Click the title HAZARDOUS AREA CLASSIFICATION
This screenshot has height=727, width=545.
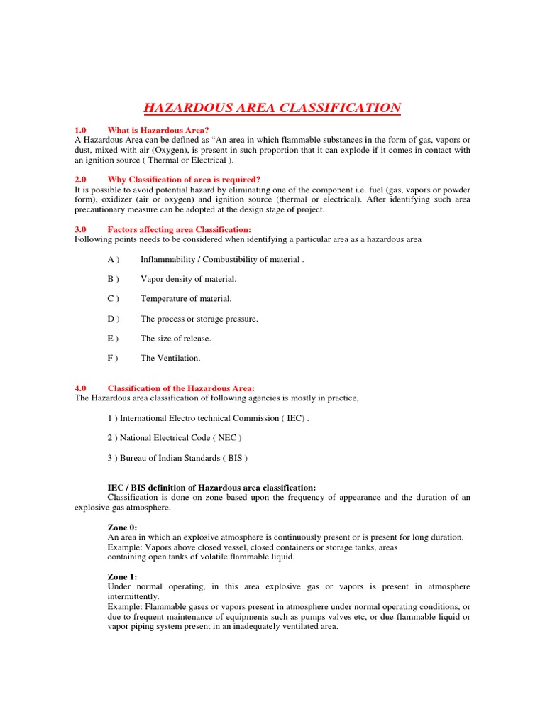(x=272, y=108)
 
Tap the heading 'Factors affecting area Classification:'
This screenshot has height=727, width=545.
(x=179, y=230)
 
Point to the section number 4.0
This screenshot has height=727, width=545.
(x=80, y=388)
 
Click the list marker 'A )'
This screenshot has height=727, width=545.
(x=114, y=260)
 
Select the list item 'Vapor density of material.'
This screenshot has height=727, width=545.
(x=188, y=280)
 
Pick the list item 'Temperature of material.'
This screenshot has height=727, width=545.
(x=186, y=299)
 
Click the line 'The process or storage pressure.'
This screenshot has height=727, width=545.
(x=199, y=319)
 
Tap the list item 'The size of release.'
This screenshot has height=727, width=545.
(x=175, y=339)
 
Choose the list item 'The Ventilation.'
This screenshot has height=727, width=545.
(x=170, y=359)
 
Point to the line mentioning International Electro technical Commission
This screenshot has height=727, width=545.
(x=209, y=418)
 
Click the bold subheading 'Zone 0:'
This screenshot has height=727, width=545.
(x=123, y=528)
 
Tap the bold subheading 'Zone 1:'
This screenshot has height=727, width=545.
(x=123, y=577)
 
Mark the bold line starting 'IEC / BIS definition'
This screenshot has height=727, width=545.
(x=211, y=488)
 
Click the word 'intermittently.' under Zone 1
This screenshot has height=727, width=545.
(x=133, y=597)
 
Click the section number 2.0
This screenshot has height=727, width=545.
(x=80, y=180)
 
